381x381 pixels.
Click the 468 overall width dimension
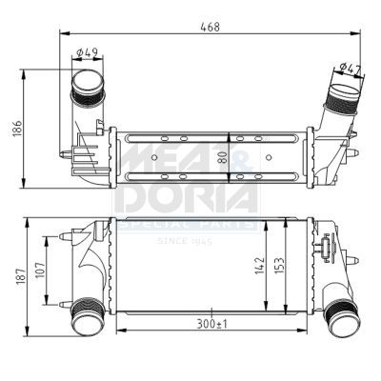pos(211,27)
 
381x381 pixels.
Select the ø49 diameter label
pos(89,52)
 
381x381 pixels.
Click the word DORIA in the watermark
pos(186,196)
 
